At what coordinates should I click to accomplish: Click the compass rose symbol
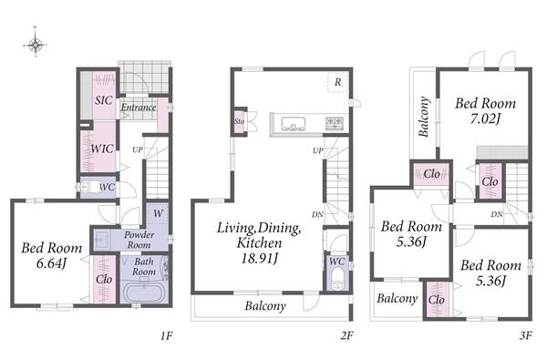click(x=36, y=45)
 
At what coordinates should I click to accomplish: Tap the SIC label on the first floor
click(x=104, y=100)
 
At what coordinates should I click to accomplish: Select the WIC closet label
click(x=102, y=149)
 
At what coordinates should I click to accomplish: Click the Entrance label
click(x=139, y=108)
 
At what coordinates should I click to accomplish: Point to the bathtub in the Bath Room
click(x=144, y=293)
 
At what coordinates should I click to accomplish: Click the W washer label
click(x=158, y=213)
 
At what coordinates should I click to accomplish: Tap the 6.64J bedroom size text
click(x=51, y=263)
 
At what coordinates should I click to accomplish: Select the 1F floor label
click(x=167, y=335)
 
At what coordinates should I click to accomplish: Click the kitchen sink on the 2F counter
click(x=293, y=124)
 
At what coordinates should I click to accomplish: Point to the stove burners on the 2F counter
click(x=335, y=123)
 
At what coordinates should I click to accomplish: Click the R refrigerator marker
click(x=337, y=82)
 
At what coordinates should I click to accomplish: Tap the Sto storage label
click(x=239, y=121)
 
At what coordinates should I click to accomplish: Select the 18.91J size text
click(x=260, y=259)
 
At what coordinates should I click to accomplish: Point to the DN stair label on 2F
click(x=317, y=214)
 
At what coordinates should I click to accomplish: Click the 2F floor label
click(x=347, y=335)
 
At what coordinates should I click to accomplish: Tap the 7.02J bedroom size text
click(x=485, y=119)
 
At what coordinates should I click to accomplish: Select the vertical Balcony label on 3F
click(x=423, y=117)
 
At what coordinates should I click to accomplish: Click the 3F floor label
click(x=526, y=335)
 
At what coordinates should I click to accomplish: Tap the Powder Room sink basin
click(x=102, y=240)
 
